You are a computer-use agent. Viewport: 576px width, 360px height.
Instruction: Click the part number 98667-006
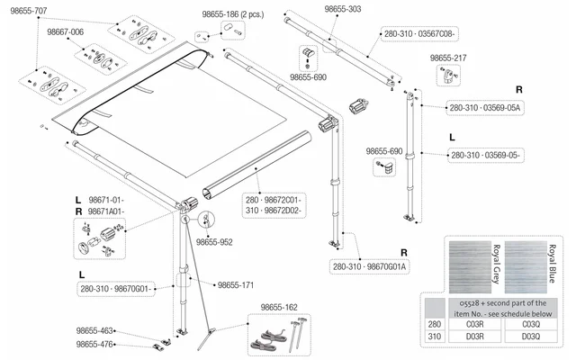[66, 32]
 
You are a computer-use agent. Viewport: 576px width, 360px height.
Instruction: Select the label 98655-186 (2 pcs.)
[233, 14]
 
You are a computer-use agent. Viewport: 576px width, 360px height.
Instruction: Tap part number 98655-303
[343, 9]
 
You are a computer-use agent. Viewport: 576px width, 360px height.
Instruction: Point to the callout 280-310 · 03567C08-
[419, 34]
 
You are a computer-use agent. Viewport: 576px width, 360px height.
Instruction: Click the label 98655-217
[448, 58]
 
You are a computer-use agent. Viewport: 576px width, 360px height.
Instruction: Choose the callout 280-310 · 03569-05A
[485, 108]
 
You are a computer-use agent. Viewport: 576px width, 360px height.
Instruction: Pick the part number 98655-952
[214, 242]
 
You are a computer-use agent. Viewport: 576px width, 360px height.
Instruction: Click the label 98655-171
[236, 285]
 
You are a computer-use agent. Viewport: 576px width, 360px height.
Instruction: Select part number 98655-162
[279, 307]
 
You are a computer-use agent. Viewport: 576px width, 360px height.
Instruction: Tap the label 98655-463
[94, 330]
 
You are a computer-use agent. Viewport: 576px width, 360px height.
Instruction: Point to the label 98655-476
[94, 344]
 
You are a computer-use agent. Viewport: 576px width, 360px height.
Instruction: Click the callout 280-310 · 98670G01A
[370, 266]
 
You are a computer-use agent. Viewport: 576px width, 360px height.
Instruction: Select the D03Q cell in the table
[531, 336]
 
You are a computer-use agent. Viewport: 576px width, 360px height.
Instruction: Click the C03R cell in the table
[475, 324]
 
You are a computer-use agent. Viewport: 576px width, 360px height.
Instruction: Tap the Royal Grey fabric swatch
[470, 267]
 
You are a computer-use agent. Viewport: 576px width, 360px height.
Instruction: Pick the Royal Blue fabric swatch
[526, 267]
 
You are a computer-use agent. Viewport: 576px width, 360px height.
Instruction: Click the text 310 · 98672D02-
[274, 211]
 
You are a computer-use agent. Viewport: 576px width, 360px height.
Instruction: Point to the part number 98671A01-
[106, 211]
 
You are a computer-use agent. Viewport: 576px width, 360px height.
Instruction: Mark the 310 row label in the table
[435, 336]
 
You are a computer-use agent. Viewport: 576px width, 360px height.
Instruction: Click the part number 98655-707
[29, 11]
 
